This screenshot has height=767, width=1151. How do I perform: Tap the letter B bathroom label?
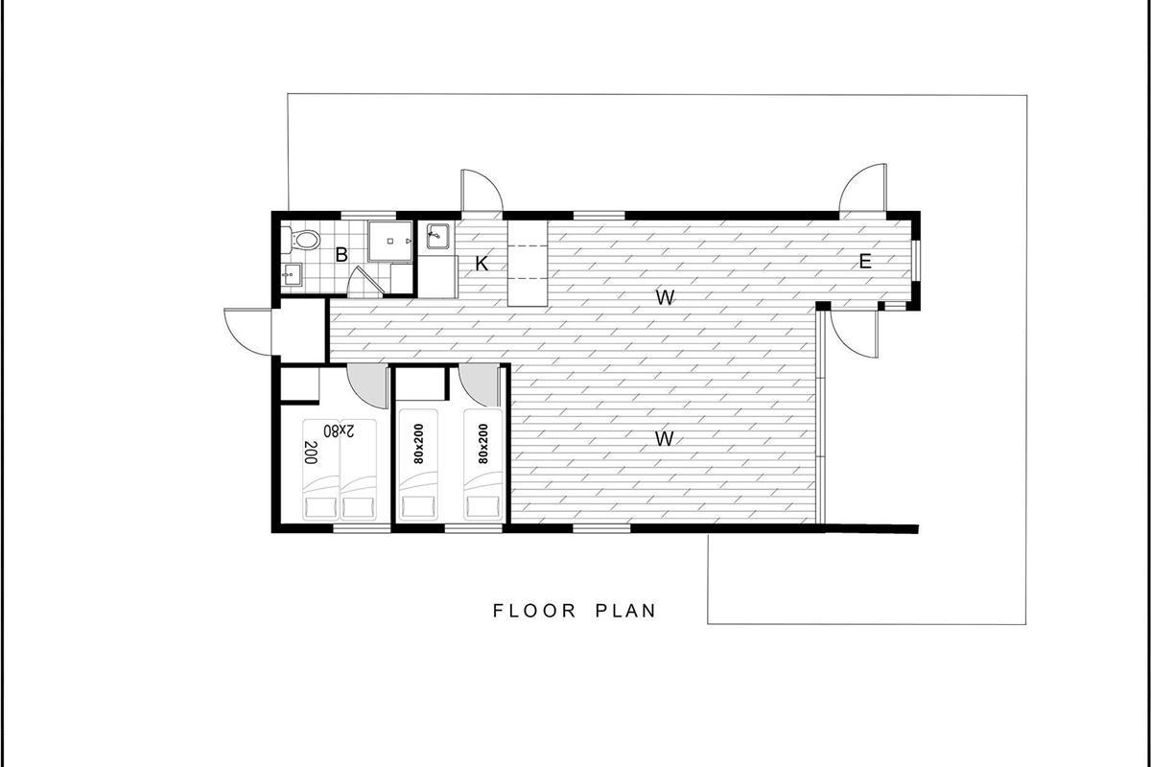(x=341, y=255)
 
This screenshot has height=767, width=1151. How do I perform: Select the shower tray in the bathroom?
(x=390, y=242)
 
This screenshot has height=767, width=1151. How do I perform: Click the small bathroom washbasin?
(x=292, y=274)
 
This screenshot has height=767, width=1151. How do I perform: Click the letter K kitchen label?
(x=482, y=264)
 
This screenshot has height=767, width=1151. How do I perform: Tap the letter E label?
(x=865, y=262)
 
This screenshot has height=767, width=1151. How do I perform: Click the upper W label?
(x=665, y=297)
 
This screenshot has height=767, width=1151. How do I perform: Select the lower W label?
(x=665, y=439)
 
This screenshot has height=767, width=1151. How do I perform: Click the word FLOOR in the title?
(x=535, y=611)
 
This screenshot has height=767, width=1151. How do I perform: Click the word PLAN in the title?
(x=625, y=611)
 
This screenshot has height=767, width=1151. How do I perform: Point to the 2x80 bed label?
(x=340, y=430)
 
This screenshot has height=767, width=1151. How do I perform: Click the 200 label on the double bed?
(x=310, y=453)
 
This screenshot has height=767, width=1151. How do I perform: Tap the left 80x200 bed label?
(x=418, y=444)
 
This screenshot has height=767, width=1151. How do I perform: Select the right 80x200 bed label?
(x=483, y=444)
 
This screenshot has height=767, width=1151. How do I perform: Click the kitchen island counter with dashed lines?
(x=528, y=264)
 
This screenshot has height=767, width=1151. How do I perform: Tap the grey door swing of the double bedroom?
(x=367, y=385)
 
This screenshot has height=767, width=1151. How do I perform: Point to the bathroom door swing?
(x=365, y=282)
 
